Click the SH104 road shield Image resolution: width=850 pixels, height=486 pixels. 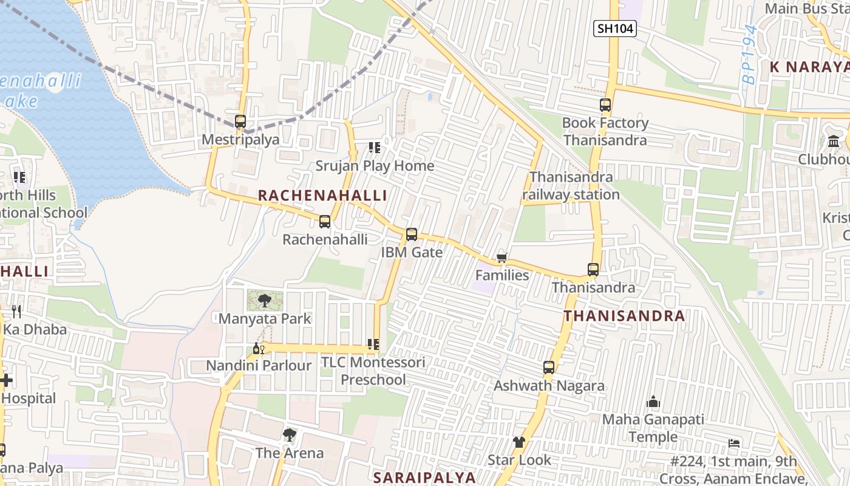(615, 29)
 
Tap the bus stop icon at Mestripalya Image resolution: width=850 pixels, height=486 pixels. (240, 122)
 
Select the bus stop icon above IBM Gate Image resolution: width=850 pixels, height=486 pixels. (412, 234)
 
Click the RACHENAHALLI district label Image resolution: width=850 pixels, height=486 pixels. (322, 195)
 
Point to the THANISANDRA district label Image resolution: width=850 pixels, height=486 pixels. (624, 316)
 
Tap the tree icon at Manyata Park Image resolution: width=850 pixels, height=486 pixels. (265, 300)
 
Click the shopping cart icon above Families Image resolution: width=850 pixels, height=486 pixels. (501, 258)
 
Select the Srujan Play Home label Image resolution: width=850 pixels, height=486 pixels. (375, 166)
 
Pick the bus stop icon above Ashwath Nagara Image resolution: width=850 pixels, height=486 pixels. (549, 368)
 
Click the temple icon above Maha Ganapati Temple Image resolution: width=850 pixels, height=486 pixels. (653, 402)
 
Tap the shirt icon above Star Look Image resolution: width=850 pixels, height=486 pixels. (518, 442)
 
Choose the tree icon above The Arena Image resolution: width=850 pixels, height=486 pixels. (290, 435)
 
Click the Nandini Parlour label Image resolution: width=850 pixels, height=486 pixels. (259, 366)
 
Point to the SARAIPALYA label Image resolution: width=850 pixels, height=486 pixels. (424, 477)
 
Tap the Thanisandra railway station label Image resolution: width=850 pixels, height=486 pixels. (571, 186)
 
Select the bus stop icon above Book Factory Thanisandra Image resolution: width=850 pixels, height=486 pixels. (605, 105)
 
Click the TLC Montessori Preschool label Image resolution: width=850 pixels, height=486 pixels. (373, 371)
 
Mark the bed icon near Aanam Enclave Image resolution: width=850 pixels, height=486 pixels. (734, 443)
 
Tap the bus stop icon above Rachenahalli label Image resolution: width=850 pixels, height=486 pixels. (325, 222)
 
